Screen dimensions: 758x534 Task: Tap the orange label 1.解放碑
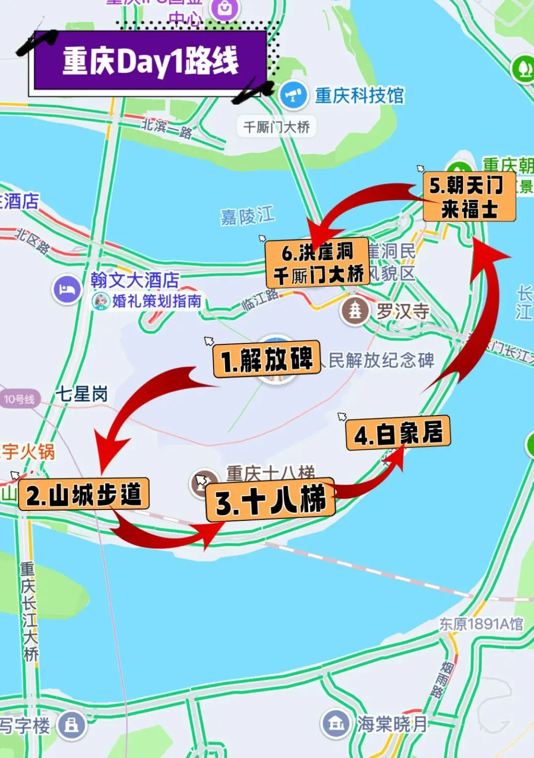267,359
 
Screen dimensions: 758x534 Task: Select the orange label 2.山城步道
84,495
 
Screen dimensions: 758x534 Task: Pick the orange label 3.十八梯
270,500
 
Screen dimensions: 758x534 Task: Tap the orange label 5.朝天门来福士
469,197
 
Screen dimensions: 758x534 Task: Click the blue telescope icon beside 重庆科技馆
294,95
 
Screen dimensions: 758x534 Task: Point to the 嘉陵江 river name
247,216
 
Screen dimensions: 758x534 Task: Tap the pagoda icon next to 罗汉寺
355,310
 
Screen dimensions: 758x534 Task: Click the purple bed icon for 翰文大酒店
67,290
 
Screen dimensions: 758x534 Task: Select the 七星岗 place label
82,394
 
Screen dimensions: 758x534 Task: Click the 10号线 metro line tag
20,399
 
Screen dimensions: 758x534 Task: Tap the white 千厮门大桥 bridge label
276,127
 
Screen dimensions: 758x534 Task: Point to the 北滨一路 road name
167,128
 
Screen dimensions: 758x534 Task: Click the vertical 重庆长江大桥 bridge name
29,611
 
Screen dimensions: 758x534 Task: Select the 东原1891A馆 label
481,624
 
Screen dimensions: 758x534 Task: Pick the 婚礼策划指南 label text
157,300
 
